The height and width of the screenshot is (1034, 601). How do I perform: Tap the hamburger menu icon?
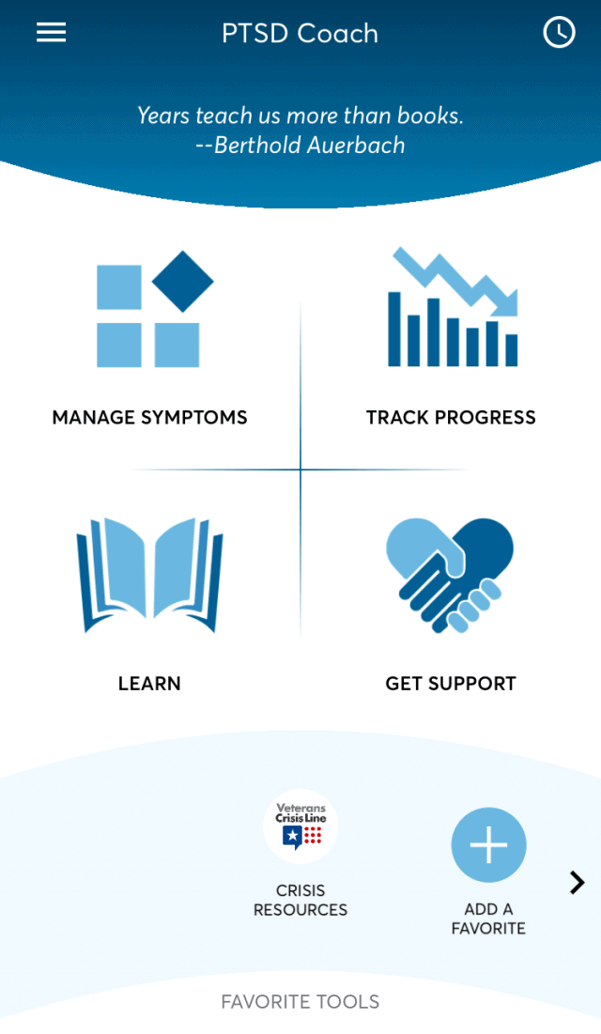(51, 33)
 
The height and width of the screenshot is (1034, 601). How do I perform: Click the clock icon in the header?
(559, 33)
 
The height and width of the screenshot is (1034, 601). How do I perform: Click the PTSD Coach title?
(300, 34)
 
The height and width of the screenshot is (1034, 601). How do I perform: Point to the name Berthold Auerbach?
(310, 146)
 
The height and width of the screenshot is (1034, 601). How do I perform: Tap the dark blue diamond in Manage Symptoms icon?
(182, 281)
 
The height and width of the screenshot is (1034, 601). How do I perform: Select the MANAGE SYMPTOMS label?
(149, 418)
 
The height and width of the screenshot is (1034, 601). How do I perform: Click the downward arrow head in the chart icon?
(505, 303)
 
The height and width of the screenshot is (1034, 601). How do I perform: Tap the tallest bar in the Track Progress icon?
(395, 329)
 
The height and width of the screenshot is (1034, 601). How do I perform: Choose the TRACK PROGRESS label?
(451, 418)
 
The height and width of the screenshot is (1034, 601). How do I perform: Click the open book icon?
(149, 574)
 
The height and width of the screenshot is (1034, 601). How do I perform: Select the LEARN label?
(149, 684)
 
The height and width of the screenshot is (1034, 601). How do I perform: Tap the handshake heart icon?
(450, 574)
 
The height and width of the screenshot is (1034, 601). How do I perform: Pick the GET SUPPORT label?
(451, 684)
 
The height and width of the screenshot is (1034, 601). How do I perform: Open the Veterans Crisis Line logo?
(300, 826)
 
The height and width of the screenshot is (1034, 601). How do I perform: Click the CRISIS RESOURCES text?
(300, 900)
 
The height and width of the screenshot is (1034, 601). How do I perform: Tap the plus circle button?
(488, 845)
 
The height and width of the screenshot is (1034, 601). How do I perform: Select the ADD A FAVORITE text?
(488, 918)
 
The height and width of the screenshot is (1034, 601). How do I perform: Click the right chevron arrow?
(578, 882)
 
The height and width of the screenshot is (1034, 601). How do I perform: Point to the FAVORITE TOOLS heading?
(300, 1002)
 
